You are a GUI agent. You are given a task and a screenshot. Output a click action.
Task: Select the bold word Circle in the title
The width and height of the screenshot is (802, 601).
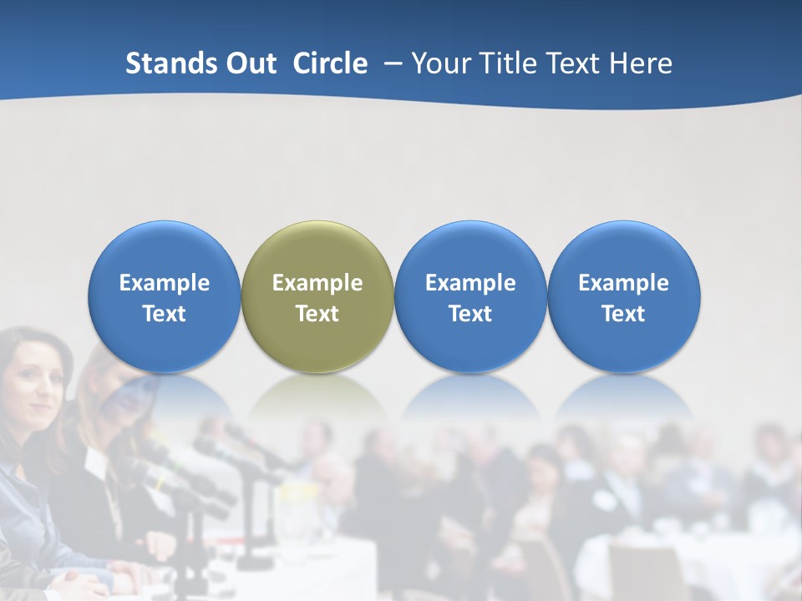tap(330, 63)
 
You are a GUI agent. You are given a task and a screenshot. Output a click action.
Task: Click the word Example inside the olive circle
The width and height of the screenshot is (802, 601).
tap(317, 283)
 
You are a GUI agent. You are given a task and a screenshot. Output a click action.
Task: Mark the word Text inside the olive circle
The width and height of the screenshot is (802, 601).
tap(317, 314)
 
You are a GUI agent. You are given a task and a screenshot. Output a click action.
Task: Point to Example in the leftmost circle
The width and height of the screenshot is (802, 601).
tap(164, 283)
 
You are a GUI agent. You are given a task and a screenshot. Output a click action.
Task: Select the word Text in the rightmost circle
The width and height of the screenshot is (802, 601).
tap(623, 314)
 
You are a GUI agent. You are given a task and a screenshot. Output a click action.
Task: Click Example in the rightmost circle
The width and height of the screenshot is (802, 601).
tap(623, 283)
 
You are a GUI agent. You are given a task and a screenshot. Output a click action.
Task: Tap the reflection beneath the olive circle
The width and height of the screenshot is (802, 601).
tap(317, 396)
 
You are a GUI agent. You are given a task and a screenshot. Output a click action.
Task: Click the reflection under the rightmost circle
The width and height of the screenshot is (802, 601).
tap(623, 396)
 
